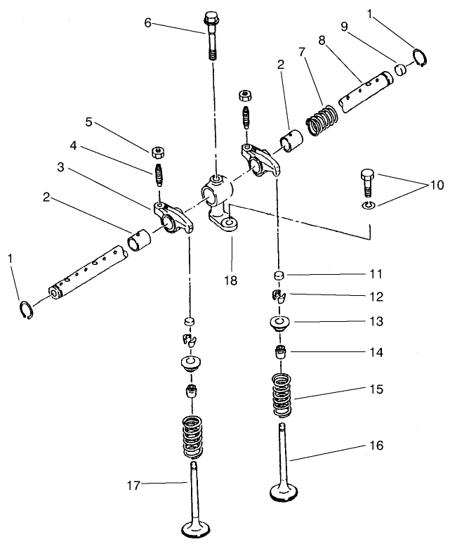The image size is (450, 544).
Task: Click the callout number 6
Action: coord(147,22)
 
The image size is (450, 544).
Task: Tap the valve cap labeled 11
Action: coord(279,275)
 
